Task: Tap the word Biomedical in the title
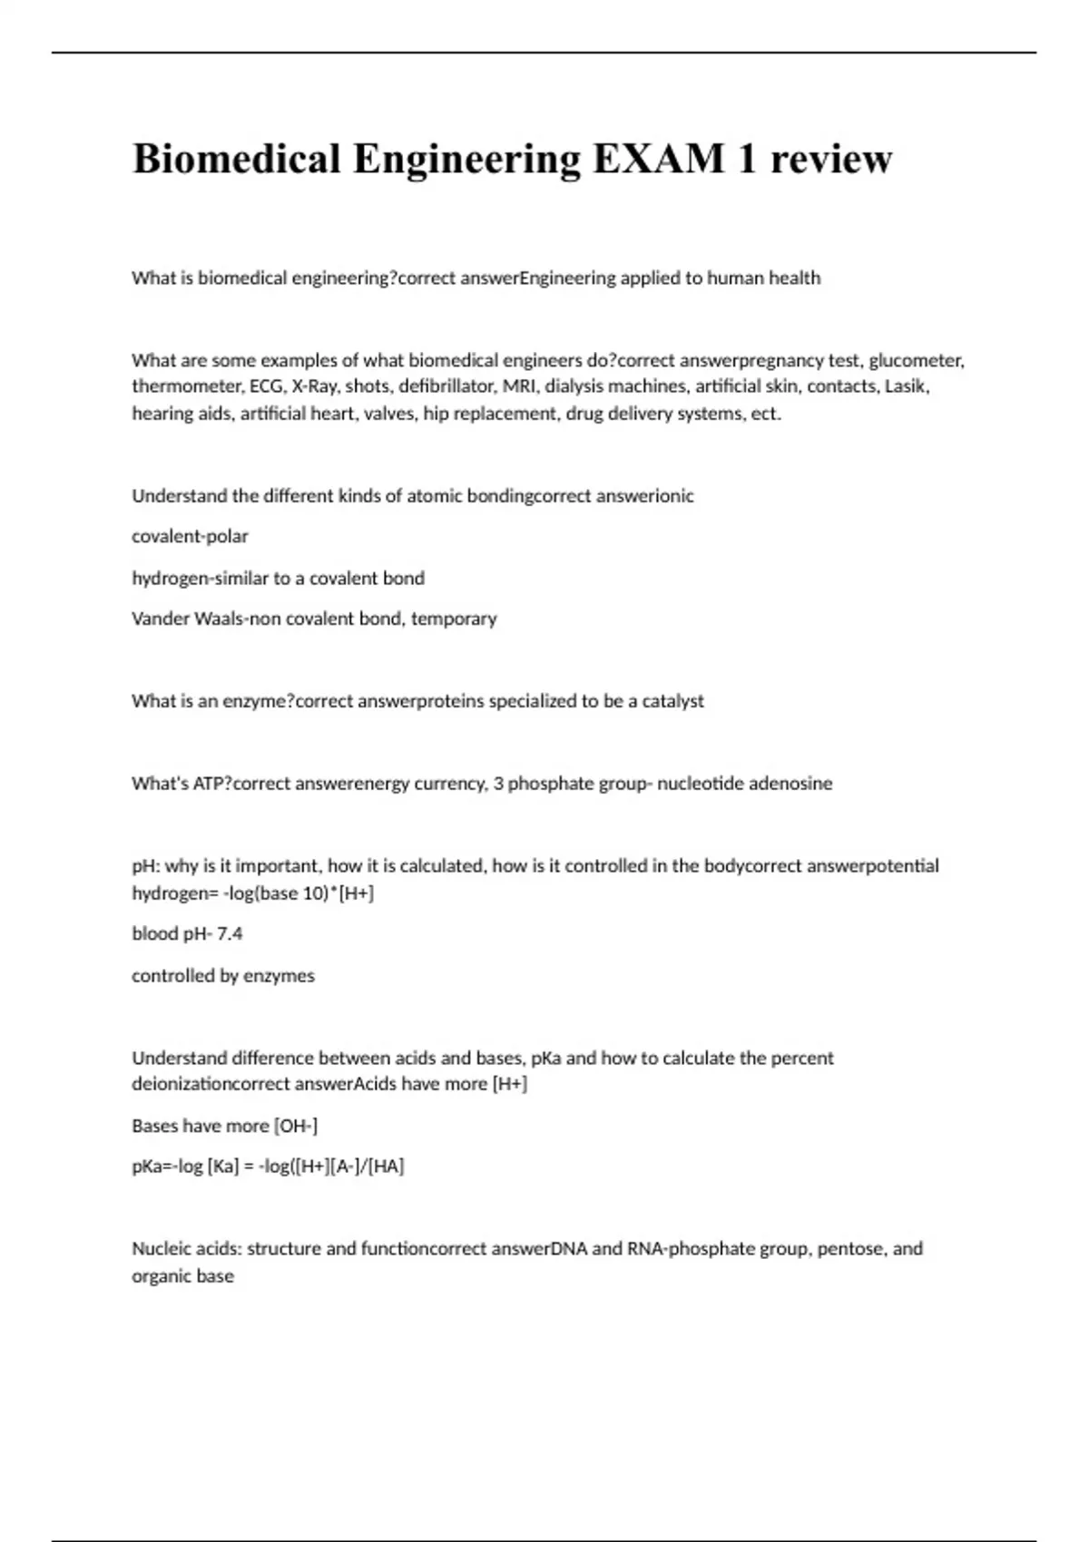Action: (x=236, y=159)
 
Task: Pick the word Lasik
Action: (x=907, y=386)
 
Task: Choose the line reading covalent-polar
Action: (x=190, y=536)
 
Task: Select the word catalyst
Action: (x=672, y=701)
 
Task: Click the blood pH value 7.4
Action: (x=229, y=933)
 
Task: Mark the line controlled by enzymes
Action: (x=223, y=976)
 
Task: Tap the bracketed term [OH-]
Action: (x=296, y=1126)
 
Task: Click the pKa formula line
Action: (x=268, y=1166)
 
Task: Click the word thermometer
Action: (x=186, y=386)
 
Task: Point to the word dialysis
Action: (x=574, y=386)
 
